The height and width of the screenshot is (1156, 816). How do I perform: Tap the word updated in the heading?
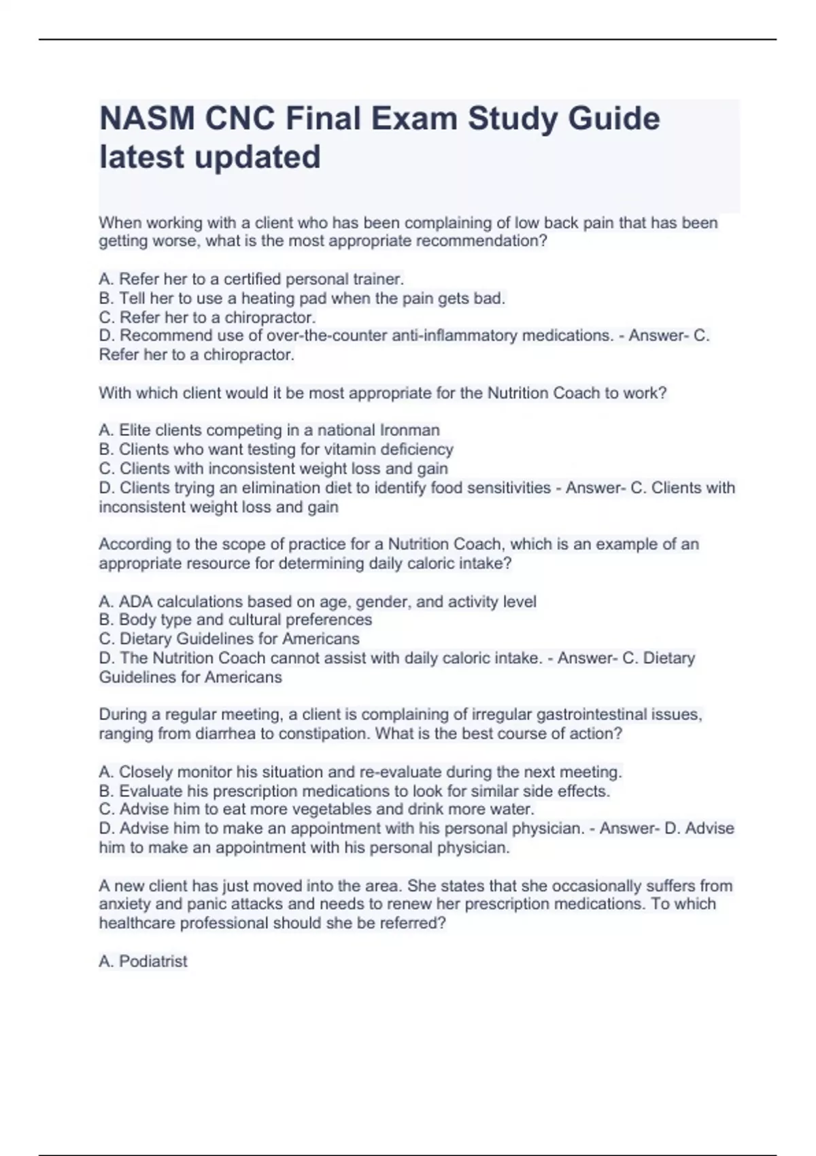point(258,157)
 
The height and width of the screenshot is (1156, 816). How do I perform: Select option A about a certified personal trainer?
point(252,279)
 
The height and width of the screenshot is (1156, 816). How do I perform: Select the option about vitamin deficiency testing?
point(276,449)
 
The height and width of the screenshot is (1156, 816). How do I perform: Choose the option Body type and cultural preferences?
point(235,620)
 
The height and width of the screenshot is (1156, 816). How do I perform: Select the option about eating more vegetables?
point(317,809)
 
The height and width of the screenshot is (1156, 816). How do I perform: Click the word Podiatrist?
point(153,962)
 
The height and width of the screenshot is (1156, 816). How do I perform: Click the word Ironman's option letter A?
point(105,430)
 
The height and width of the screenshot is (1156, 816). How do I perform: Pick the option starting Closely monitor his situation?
point(360,772)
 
